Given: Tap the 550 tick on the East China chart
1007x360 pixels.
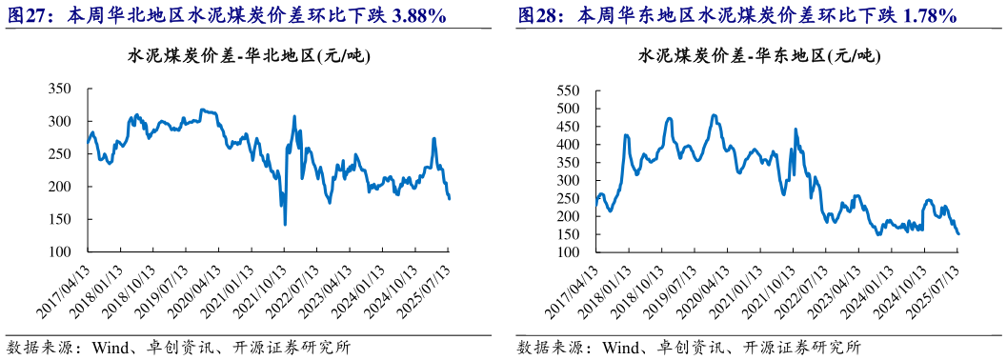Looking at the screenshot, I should tap(568, 90).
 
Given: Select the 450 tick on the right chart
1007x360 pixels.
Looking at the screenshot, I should tap(568, 127).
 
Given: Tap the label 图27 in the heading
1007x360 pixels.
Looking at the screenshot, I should tap(26, 17).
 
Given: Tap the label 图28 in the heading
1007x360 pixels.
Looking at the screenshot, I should tap(536, 17).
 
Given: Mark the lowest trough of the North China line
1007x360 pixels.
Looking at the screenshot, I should tap(285, 225).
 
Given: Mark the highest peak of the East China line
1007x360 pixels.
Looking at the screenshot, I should tap(714, 115).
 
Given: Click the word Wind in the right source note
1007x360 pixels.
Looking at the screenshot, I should tap(619, 346).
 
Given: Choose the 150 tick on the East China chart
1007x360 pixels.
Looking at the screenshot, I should tap(568, 234).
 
